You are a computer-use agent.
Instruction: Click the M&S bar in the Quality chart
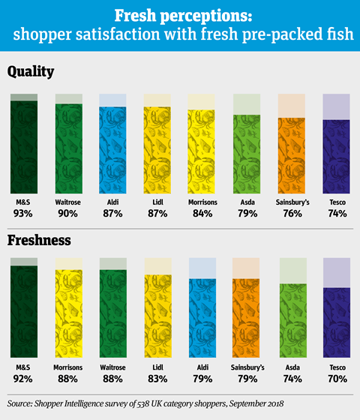pos(24,147)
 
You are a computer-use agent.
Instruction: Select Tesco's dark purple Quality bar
pos(336,157)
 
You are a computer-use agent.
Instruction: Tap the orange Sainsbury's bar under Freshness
pos(246,318)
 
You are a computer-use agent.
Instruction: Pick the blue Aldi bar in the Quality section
pos(112,150)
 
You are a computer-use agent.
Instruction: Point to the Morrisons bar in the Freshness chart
pos(69,313)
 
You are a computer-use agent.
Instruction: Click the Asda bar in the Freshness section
pos(293,321)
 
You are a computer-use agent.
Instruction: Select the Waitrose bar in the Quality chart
pos(69,148)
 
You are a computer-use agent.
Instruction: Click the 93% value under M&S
pos(23,214)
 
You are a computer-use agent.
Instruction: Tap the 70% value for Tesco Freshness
pos(337,379)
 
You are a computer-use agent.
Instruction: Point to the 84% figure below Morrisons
pos(202,214)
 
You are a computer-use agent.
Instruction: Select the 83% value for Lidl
pos(157,379)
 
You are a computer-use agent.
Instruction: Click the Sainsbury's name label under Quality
pos(292,202)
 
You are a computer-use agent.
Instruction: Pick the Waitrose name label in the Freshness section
pos(112,367)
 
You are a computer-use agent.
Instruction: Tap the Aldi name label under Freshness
pos(202,367)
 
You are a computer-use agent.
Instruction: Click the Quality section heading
pos(31,72)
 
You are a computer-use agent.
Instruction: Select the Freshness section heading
pos(39,240)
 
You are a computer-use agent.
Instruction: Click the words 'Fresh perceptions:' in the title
pos(184,16)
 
